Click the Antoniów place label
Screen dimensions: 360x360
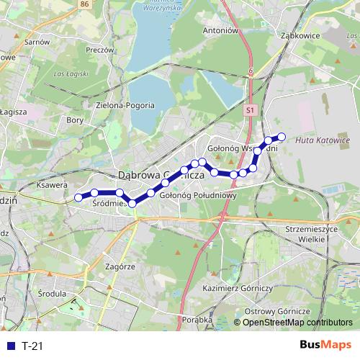coord(220,31)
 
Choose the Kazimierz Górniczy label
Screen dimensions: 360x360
coord(239,287)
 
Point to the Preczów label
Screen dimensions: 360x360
coord(100,50)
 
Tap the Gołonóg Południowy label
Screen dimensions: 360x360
coord(198,194)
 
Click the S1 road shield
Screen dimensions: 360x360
coord(249,111)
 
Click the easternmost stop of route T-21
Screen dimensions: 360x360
coord(282,137)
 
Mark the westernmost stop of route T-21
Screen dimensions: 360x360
coord(78,197)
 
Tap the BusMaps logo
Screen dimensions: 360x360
coord(325,346)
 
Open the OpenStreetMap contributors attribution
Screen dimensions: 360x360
coord(297,323)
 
